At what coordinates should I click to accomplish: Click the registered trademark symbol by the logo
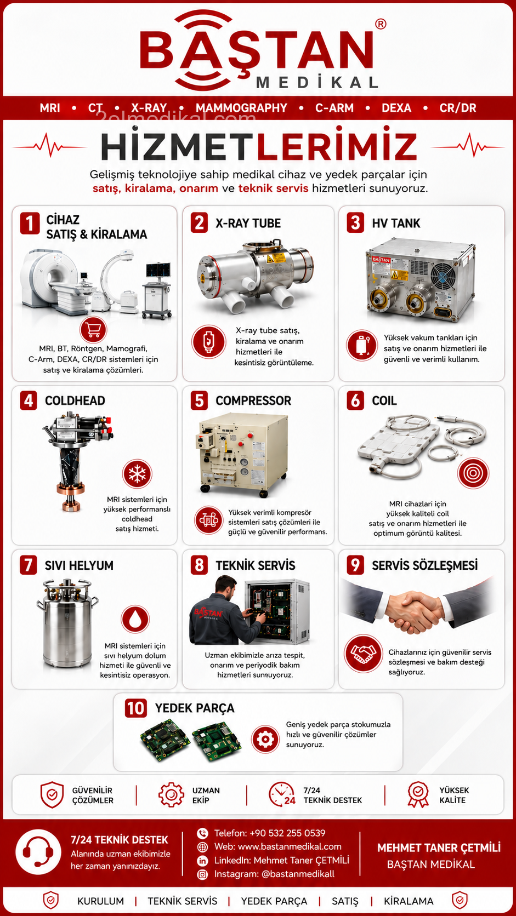381,24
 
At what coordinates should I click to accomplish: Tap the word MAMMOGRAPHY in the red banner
241,108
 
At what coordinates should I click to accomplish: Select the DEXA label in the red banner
396,108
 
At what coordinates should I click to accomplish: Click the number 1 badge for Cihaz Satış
30,224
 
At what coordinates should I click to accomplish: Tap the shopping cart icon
93,330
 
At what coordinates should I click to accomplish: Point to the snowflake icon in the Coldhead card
137,474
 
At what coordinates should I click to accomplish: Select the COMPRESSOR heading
253,401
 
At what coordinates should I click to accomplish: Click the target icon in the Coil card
473,473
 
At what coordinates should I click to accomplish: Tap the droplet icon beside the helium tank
135,619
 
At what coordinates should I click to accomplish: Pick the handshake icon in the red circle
364,654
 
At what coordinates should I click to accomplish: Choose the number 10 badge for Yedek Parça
135,708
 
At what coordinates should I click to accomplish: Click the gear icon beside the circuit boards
265,740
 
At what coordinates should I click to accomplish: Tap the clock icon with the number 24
282,794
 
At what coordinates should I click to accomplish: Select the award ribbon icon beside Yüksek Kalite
418,794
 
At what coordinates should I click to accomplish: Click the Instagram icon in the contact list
202,874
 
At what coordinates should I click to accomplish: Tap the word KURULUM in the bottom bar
101,901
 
